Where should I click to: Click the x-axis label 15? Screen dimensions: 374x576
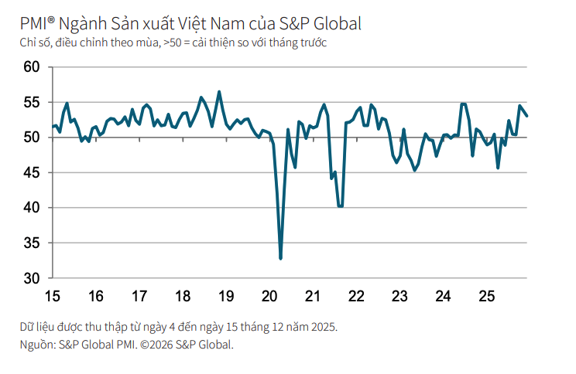point(52,297)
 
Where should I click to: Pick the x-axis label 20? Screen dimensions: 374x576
point(270,297)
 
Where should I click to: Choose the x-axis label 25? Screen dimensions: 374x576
point(487,297)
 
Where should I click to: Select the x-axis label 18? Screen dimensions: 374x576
point(183,297)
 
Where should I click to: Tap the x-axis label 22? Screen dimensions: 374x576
point(357,297)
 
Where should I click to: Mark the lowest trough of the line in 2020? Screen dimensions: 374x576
point(280,258)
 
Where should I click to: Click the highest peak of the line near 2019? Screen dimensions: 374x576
point(219,92)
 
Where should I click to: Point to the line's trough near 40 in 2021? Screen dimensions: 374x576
point(340,206)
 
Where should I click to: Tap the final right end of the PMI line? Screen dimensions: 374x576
point(527,116)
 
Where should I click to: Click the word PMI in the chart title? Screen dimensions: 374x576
point(36,23)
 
